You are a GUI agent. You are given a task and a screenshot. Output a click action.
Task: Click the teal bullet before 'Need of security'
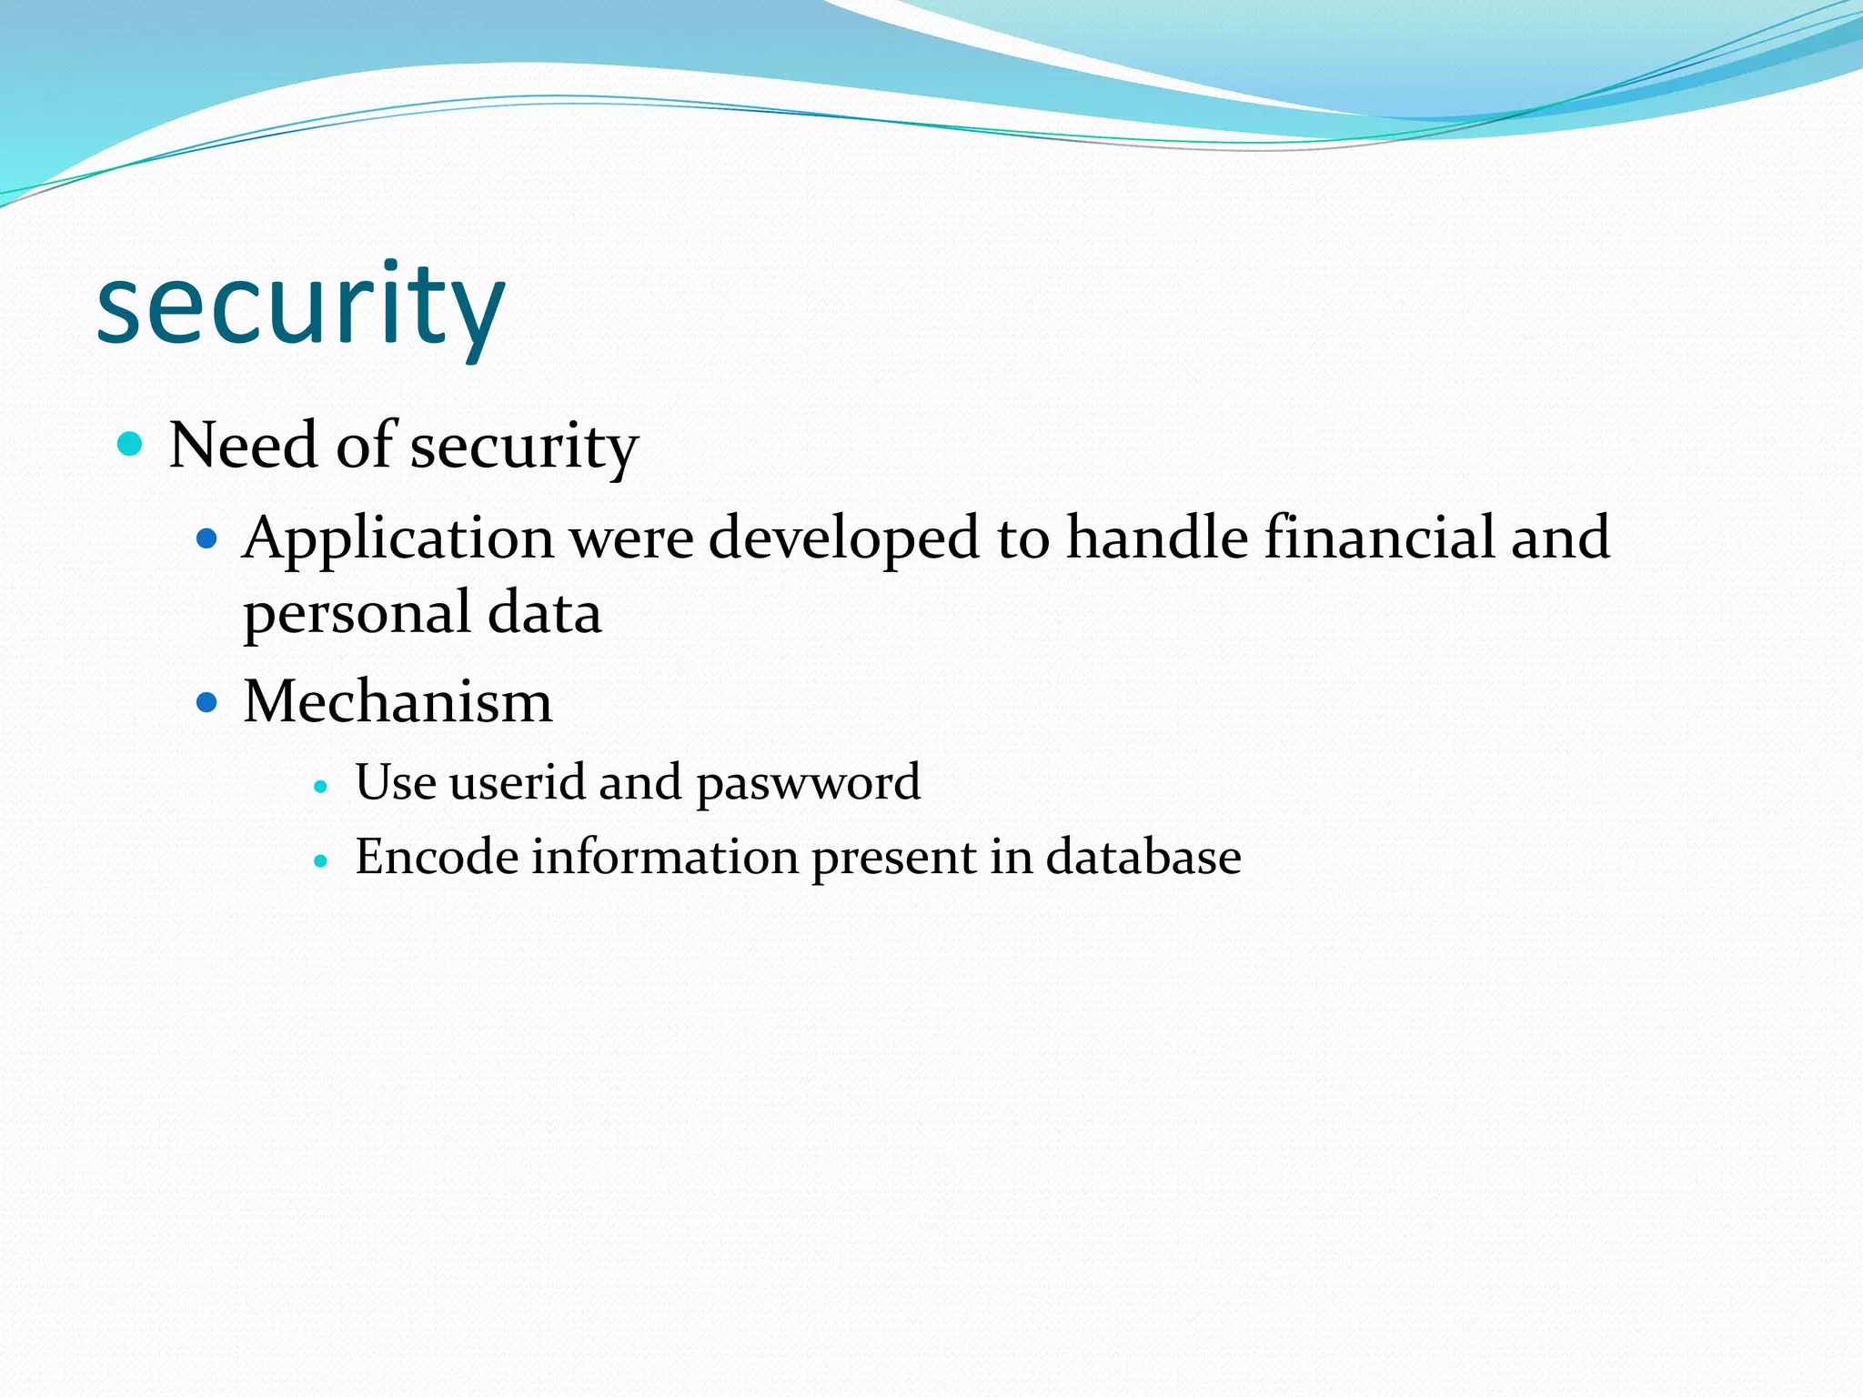[x=131, y=444]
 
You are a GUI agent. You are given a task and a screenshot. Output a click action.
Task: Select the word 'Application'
[x=398, y=538]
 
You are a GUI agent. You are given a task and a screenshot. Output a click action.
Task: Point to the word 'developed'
[x=843, y=538]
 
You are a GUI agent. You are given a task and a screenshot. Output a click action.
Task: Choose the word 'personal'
[x=357, y=614]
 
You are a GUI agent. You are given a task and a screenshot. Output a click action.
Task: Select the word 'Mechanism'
[x=398, y=702]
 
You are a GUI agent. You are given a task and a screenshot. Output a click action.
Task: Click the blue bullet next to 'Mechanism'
[x=207, y=702]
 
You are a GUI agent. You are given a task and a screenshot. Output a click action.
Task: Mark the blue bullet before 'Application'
[x=207, y=538]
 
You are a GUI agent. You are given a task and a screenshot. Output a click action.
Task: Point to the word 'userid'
[x=517, y=782]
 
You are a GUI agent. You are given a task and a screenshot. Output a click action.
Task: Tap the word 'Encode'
[x=436, y=857]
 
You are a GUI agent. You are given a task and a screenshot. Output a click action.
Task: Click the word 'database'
[x=1143, y=857]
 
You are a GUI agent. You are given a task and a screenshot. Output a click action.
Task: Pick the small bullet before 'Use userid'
[x=319, y=786]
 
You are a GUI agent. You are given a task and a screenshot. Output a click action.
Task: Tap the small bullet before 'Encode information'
[x=319, y=860]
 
